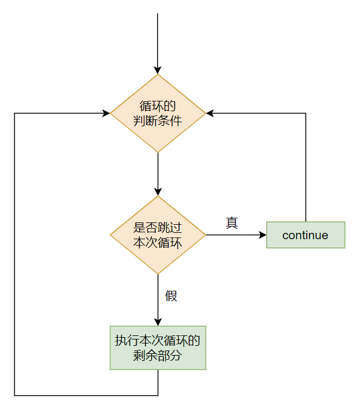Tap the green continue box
click(306, 235)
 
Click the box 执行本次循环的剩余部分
click(158, 348)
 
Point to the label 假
click(171, 296)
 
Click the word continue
click(305, 235)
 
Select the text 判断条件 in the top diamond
click(158, 121)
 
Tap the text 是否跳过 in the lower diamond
click(158, 228)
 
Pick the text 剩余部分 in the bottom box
click(158, 355)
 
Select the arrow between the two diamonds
click(158, 174)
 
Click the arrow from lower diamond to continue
click(235, 235)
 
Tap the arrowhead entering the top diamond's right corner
click(210, 114)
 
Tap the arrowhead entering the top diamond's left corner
click(106, 114)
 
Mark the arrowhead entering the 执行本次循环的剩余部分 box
click(158, 322)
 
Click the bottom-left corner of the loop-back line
click(14, 396)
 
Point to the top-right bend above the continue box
click(306, 114)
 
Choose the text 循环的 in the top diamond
click(158, 107)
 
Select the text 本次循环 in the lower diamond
click(158, 243)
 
